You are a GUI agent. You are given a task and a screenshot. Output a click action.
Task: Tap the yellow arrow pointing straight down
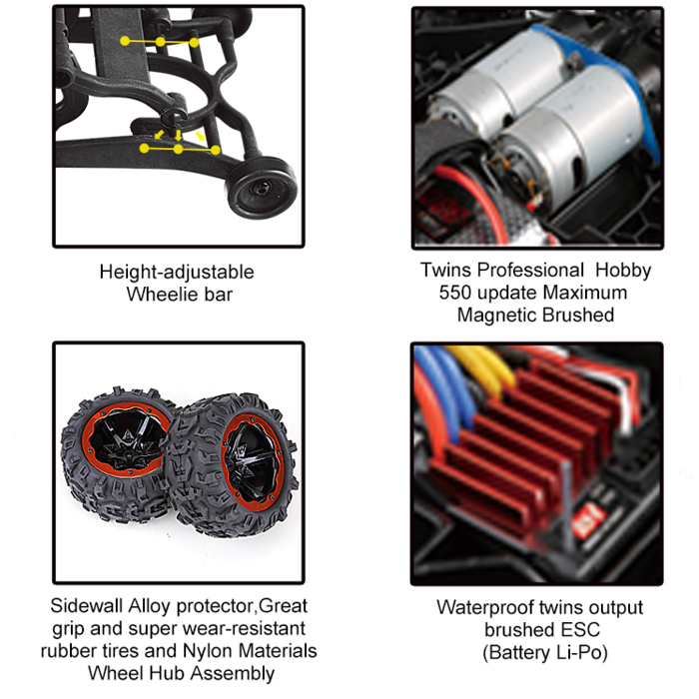[x=179, y=135]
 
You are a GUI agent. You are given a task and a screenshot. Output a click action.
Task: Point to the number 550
[x=456, y=293]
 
